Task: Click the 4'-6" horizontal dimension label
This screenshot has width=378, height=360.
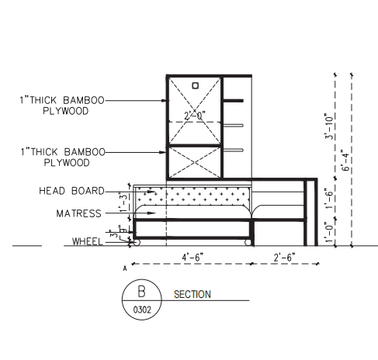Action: pos(192,258)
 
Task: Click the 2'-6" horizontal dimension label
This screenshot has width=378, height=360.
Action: pos(285,258)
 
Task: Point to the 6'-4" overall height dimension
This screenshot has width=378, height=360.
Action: pos(345,161)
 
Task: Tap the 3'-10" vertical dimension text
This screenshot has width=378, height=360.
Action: pos(328,126)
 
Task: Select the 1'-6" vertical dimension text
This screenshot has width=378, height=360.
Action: pos(328,199)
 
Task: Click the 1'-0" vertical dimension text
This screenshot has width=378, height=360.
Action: pos(328,232)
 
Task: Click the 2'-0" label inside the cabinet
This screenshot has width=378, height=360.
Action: pos(195,116)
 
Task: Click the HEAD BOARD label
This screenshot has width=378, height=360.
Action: pos(71,191)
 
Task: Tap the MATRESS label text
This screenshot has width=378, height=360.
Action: pos(78,213)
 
